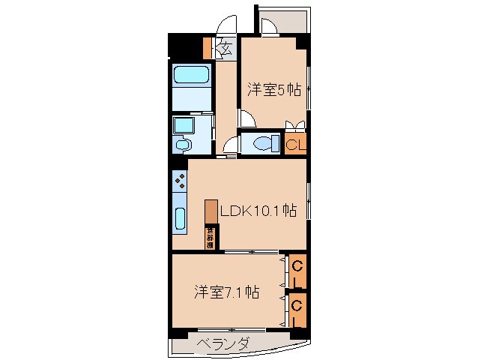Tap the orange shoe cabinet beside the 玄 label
point(208,49)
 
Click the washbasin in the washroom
point(183,143)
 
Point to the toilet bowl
point(262,142)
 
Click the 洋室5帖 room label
point(274,90)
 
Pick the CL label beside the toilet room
point(294,144)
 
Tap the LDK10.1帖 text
point(257,211)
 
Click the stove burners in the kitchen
point(180,181)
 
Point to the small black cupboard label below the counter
point(211,238)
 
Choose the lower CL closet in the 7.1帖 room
point(297,311)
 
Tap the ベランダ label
point(223,344)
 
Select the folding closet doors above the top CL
point(295,125)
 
